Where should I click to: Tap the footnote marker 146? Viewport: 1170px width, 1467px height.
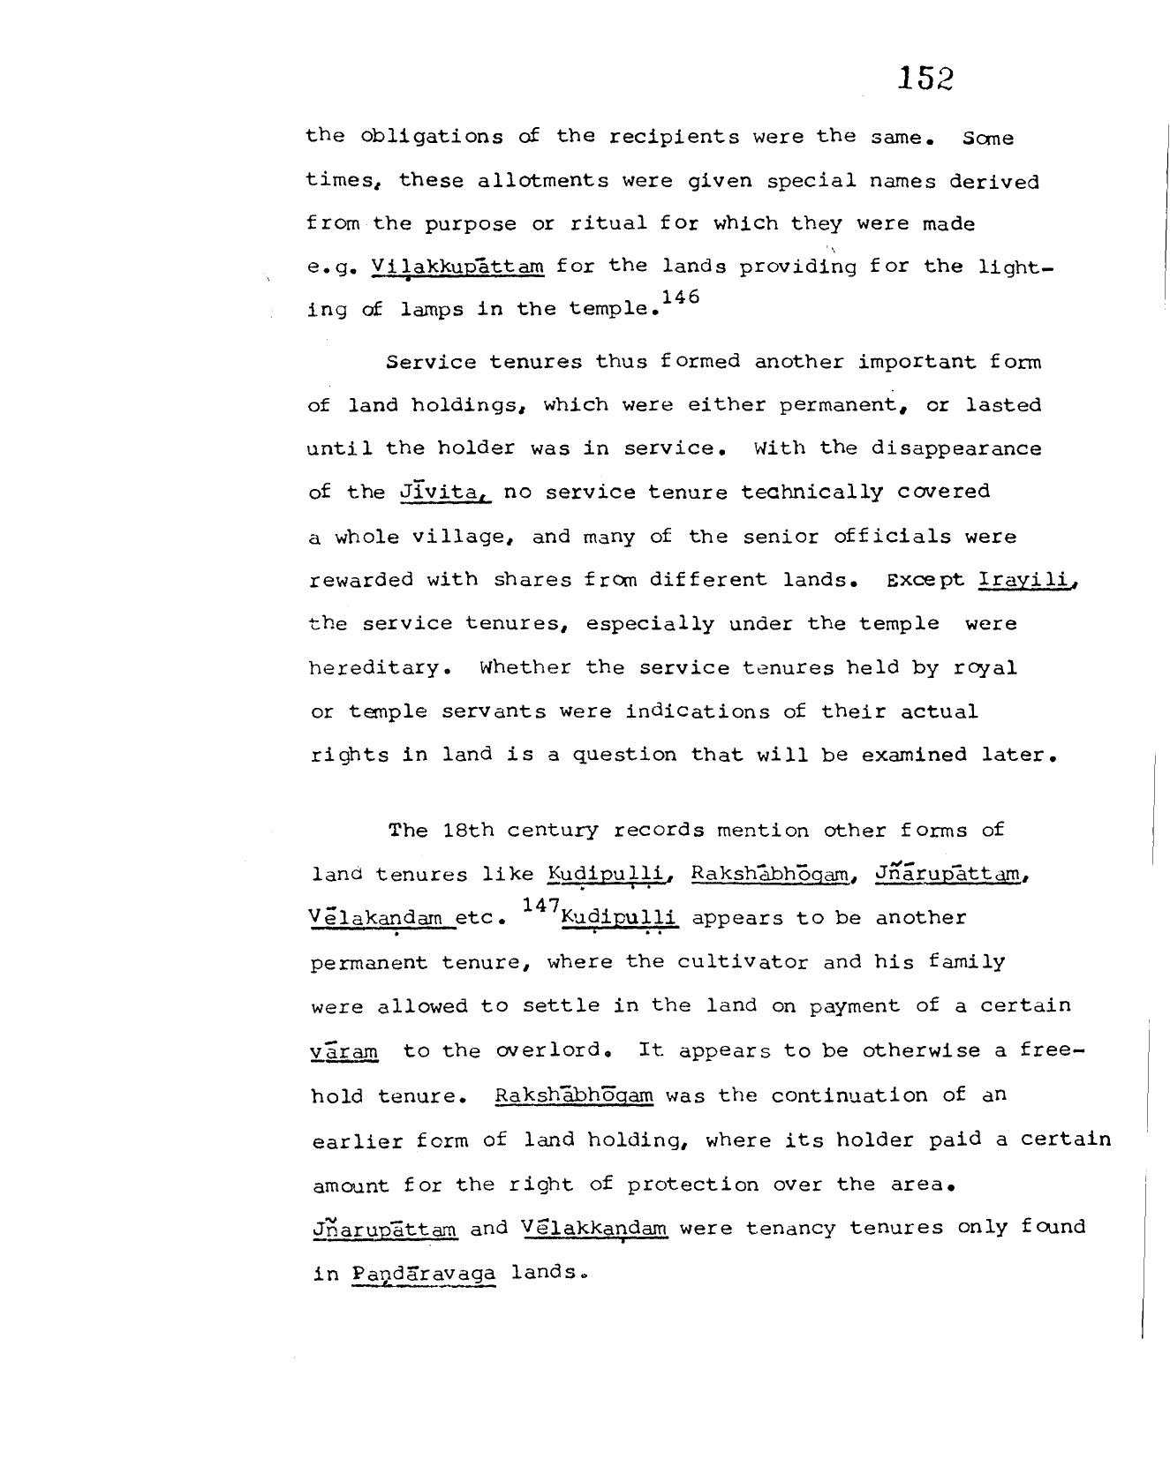[680, 297]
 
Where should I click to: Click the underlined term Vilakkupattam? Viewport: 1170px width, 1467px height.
[458, 266]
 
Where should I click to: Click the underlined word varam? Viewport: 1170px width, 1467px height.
[344, 1051]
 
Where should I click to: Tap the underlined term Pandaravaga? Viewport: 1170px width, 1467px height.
[424, 1274]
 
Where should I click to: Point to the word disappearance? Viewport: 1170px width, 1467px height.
[956, 448]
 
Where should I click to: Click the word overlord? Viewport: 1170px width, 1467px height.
[554, 1050]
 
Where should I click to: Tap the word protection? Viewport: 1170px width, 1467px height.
[692, 1185]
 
